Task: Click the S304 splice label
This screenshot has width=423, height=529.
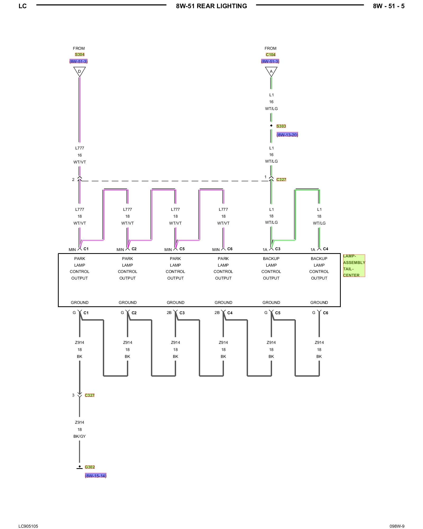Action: [x=80, y=54]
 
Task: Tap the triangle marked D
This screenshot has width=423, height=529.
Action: [x=79, y=71]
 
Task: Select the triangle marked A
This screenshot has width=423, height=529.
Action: [x=271, y=71]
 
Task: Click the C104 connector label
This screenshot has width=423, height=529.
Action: [x=271, y=54]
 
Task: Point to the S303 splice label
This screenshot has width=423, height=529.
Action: [x=281, y=126]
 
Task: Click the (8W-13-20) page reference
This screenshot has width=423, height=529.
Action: [x=287, y=135]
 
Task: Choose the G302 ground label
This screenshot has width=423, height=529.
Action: [x=90, y=467]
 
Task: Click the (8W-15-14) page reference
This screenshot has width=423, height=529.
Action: [x=95, y=476]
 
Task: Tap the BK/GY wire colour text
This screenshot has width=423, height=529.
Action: [x=80, y=436]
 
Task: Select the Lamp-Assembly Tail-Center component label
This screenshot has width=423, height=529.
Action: [x=354, y=266]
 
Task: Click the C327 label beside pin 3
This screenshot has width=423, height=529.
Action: [x=90, y=395]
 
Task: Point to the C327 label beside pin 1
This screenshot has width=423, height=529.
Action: [x=281, y=180]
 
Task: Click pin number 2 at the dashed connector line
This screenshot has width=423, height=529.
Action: [x=73, y=180]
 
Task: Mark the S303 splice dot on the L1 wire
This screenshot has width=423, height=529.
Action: [x=271, y=126]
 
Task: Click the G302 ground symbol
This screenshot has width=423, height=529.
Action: [x=80, y=467]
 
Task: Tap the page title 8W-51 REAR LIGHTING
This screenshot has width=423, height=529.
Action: [x=212, y=6]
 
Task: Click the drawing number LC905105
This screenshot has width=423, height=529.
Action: [x=28, y=526]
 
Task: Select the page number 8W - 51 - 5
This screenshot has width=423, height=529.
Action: [x=389, y=6]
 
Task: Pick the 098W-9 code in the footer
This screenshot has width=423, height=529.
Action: [x=397, y=526]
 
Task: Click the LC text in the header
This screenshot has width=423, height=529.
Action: [x=22, y=6]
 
